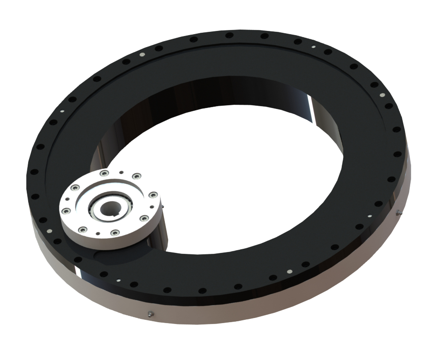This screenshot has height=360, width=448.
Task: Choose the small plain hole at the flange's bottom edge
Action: point(98,233)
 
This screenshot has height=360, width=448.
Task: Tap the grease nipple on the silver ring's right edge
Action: point(398,213)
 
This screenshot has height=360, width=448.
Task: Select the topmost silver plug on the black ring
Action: point(314,46)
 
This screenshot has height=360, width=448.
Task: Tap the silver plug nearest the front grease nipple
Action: point(119,279)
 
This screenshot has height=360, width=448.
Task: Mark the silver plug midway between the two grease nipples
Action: point(289,271)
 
